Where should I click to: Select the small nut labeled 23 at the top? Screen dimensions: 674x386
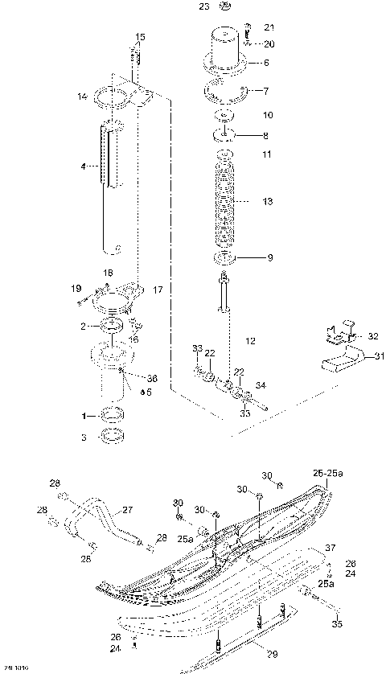click(224, 9)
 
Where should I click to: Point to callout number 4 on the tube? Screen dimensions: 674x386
click(83, 166)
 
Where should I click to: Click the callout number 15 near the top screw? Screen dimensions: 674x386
click(140, 37)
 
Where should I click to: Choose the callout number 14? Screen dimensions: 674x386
click(82, 97)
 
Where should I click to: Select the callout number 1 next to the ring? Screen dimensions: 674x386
click(82, 417)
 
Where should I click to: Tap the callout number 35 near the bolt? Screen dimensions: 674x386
click(336, 623)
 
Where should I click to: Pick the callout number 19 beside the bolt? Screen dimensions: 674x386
click(76, 288)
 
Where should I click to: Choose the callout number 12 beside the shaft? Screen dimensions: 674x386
click(251, 341)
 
